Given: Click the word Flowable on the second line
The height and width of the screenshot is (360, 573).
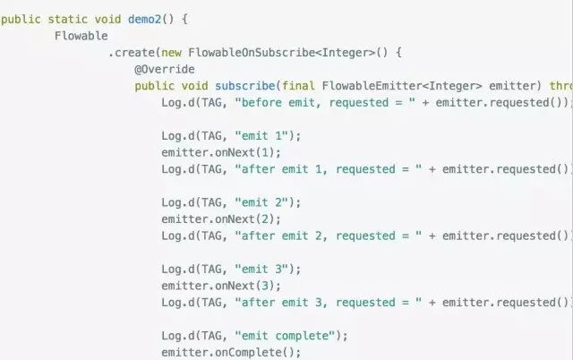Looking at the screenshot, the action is pyautogui.click(x=81, y=36).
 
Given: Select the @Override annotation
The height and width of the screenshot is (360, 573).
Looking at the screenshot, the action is pyautogui.click(x=165, y=69).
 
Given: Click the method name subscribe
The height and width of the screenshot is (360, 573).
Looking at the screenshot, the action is pyautogui.click(x=245, y=86).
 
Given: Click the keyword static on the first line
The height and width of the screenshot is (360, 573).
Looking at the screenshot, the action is pyautogui.click(x=67, y=19).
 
